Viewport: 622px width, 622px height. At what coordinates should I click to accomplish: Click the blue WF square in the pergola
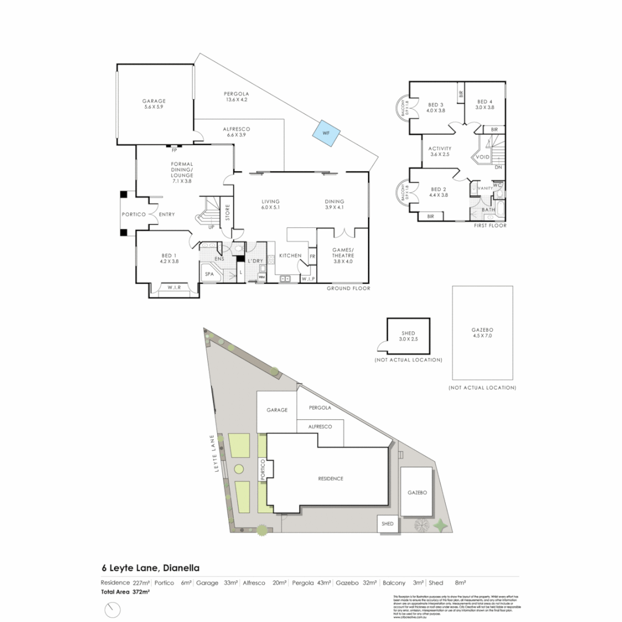click(x=325, y=133)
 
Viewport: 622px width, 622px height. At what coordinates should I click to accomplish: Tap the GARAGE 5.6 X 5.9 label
click(x=154, y=104)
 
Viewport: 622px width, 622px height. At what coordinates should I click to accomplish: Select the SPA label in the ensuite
click(x=209, y=274)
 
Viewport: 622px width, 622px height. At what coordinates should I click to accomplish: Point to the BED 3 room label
click(x=435, y=107)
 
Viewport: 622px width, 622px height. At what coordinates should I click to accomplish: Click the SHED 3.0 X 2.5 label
click(x=408, y=336)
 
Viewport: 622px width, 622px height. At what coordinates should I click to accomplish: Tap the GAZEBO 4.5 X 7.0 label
click(x=481, y=332)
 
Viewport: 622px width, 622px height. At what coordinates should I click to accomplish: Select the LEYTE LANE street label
click(x=218, y=454)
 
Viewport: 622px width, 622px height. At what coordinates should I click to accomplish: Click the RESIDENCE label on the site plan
click(x=331, y=479)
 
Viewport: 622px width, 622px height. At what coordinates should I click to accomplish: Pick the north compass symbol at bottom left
click(x=112, y=609)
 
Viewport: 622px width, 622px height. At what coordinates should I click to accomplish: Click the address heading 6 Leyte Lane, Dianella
click(x=150, y=568)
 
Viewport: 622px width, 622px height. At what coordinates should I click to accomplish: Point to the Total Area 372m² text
click(x=126, y=591)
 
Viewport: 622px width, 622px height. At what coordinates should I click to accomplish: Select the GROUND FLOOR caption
click(x=348, y=288)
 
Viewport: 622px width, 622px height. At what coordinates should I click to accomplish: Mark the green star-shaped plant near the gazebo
click(x=442, y=525)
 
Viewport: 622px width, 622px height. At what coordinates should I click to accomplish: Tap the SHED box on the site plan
click(x=387, y=524)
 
